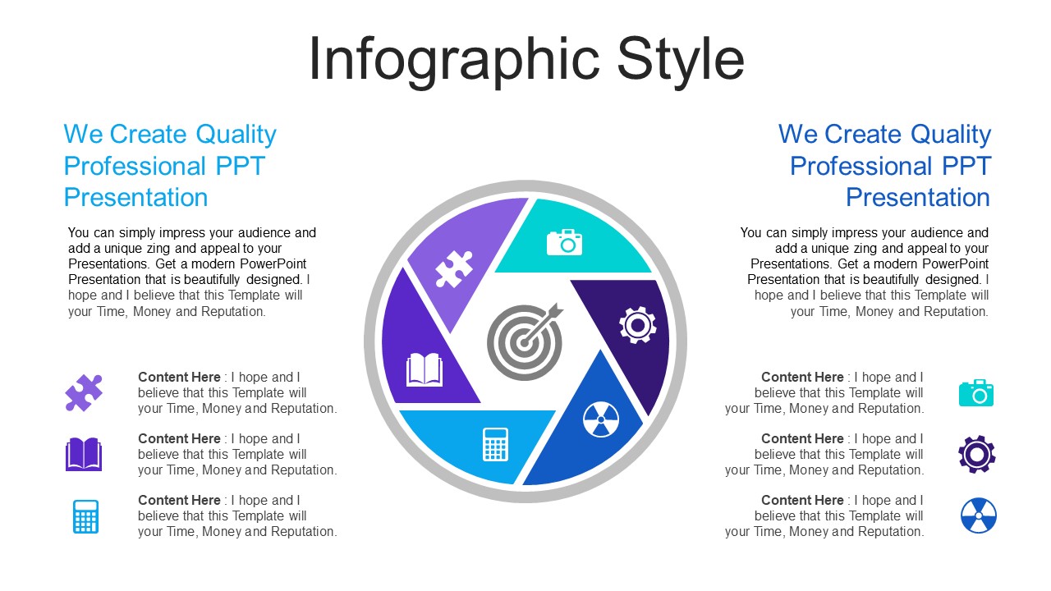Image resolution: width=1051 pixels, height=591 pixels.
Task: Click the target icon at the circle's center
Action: click(525, 341)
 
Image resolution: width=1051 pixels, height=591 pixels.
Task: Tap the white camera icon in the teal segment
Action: click(564, 242)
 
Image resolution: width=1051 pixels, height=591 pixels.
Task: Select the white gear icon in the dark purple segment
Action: click(637, 324)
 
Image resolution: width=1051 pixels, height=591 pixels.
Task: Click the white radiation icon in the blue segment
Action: click(601, 419)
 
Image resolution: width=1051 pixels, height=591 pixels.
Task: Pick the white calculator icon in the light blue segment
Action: click(495, 444)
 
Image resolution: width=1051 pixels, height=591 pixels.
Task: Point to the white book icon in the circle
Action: click(425, 369)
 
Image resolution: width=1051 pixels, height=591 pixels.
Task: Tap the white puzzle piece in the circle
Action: click(454, 268)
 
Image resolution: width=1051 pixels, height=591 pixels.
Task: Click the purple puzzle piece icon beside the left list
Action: click(84, 392)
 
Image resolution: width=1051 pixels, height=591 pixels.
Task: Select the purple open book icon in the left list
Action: click(84, 454)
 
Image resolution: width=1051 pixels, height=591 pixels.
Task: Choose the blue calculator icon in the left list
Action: click(86, 516)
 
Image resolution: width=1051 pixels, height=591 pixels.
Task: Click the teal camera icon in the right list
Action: click(976, 392)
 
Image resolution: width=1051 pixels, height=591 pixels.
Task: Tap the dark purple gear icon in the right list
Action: click(977, 454)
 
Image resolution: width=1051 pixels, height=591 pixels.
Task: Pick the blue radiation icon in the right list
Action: click(979, 515)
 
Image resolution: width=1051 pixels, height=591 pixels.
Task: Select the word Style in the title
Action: click(681, 61)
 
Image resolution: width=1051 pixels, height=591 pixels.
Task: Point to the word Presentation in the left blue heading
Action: click(135, 197)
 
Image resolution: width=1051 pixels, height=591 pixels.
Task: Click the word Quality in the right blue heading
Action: click(951, 135)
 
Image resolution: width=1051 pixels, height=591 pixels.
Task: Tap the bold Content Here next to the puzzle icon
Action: click(179, 377)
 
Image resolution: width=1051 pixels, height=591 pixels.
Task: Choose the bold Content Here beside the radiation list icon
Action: click(802, 500)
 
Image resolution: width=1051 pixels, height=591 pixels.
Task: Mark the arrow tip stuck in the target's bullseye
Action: click(525, 341)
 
